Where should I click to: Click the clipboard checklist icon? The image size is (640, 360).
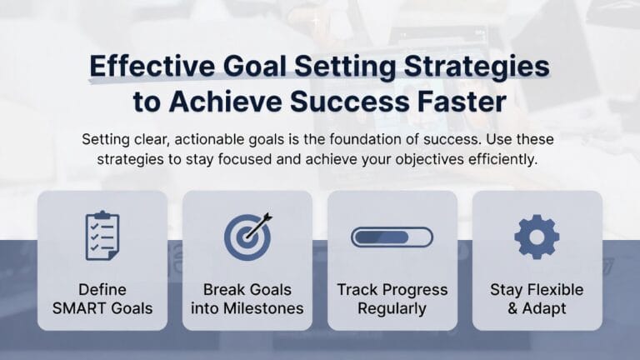[102, 237]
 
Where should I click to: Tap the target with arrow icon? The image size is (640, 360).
[247, 237]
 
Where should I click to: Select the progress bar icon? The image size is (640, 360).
[392, 237]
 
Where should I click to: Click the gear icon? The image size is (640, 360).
[537, 237]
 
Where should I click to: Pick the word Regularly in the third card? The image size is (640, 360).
[392, 308]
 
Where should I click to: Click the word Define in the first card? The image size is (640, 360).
[102, 290]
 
